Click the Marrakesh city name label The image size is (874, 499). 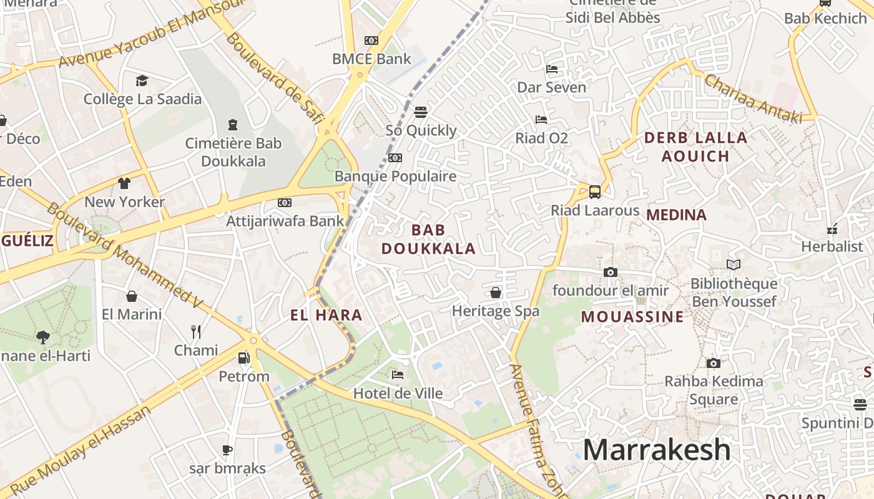click(x=656, y=450)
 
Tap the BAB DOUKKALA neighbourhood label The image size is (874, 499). click(x=428, y=240)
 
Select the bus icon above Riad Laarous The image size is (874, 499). click(x=595, y=192)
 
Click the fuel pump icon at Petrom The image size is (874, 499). click(x=243, y=358)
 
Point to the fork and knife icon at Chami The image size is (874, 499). click(x=196, y=331)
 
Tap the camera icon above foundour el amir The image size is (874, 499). click(x=611, y=272)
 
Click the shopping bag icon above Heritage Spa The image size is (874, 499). click(x=496, y=293)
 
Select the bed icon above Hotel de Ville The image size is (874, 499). click(x=398, y=375)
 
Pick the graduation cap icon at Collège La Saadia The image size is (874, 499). click(x=142, y=80)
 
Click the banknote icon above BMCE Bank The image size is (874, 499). click(x=371, y=41)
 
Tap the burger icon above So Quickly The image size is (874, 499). click(x=421, y=112)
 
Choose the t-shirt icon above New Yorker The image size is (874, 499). click(x=124, y=183)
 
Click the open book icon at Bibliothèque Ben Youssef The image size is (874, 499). click(x=734, y=265)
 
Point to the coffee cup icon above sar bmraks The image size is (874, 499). click(x=227, y=450)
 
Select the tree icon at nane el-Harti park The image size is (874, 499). click(x=43, y=337)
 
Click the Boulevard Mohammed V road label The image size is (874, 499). click(x=125, y=255)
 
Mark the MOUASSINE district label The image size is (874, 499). click(x=632, y=317)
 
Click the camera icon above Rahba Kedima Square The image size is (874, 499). click(x=714, y=363)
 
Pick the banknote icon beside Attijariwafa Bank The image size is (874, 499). click(x=285, y=203)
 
